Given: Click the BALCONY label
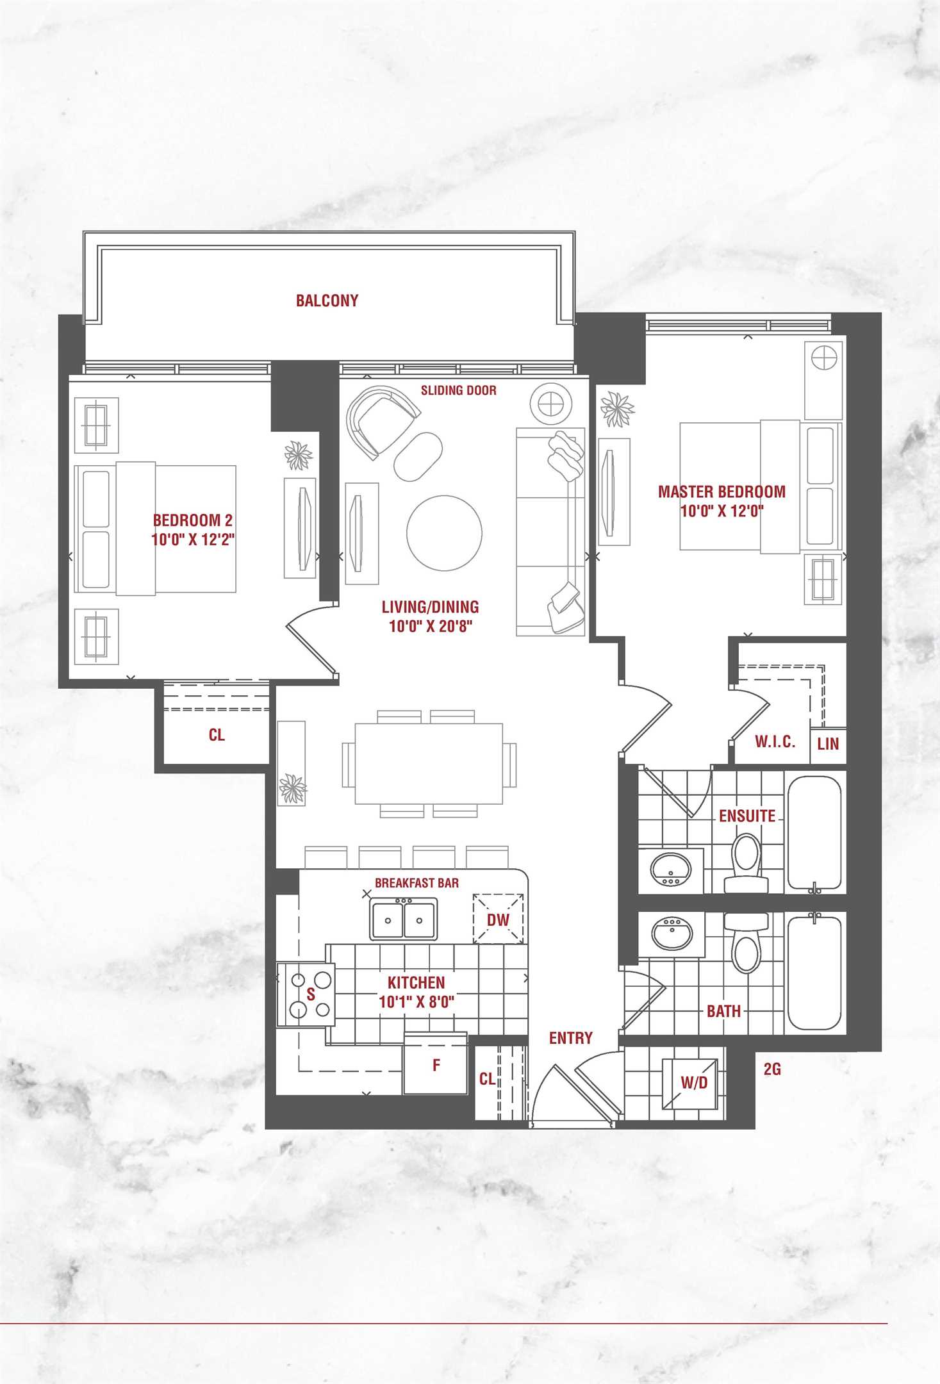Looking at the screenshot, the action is pos(327,301).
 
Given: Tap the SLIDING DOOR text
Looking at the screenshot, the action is pos(458,390).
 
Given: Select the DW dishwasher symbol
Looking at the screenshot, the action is pos(499,919).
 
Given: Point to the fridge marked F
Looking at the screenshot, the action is pos(436,1064).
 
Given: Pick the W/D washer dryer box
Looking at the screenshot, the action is pos(694,1083).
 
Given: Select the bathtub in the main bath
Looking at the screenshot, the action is pos(814,973).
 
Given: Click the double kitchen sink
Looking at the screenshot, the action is pos(404,919).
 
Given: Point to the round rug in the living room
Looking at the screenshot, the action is pos(444,532).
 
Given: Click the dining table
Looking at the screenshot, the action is pos(429,763).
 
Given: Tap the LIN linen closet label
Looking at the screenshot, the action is pos(828,743).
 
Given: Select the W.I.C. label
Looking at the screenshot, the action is pos(775,742).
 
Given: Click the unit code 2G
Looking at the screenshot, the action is pos(772,1069).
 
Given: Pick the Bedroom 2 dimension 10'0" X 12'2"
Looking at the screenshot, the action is pos(193,540).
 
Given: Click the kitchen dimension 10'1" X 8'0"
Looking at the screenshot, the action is pos(416,1002).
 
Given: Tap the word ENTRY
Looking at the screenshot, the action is pos(571,1038).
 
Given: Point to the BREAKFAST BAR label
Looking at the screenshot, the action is pos(416,883).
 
